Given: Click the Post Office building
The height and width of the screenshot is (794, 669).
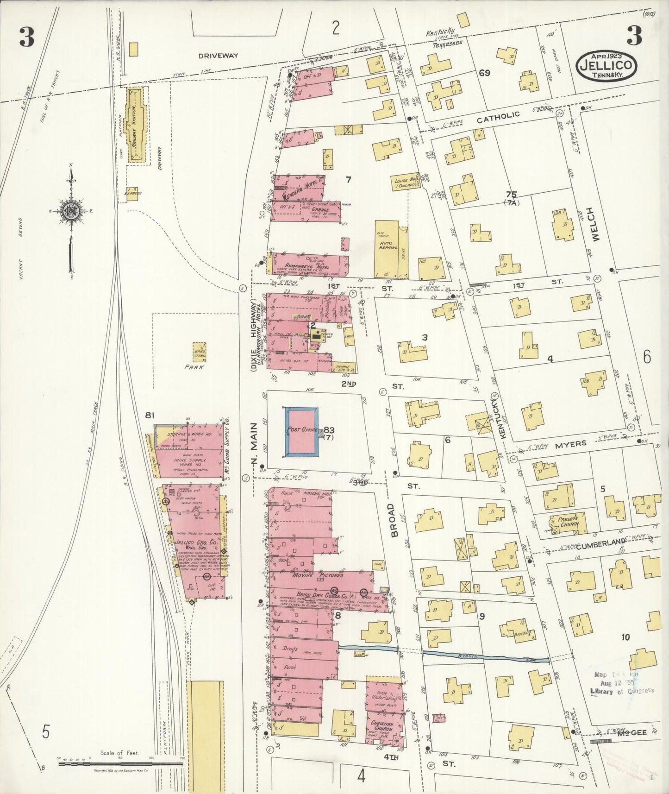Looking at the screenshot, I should tap(301, 432).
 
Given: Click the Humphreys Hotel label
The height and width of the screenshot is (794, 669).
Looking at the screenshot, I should tap(307, 266).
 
